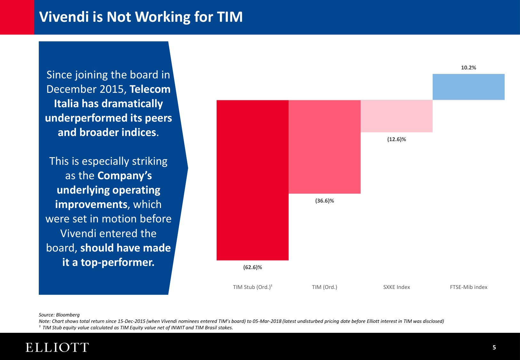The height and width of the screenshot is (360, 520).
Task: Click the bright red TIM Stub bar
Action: tap(252, 180)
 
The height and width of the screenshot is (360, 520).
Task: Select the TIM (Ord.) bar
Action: tap(324, 147)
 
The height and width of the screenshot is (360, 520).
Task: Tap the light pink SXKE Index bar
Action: tap(396, 116)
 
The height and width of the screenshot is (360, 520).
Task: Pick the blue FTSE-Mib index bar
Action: tap(468, 87)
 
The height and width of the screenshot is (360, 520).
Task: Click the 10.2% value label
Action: tap(468, 68)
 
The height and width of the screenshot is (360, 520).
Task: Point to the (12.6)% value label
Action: tap(396, 139)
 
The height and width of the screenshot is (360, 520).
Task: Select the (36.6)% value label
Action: tap(324, 201)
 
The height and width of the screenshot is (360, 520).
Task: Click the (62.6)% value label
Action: tap(252, 267)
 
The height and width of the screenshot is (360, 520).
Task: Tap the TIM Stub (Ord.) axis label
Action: tap(252, 287)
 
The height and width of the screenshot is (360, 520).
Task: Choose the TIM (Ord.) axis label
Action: tap(324, 287)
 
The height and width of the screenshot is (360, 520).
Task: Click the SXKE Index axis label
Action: tap(396, 287)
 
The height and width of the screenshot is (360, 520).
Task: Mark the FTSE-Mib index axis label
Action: tap(468, 287)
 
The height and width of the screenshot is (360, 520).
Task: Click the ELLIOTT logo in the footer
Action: tap(57, 348)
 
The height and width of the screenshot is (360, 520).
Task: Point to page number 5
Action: tap(494, 348)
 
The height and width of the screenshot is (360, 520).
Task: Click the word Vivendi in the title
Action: tap(64, 17)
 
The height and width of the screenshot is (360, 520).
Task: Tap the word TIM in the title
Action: tap(229, 17)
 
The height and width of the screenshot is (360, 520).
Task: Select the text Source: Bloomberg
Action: tap(59, 315)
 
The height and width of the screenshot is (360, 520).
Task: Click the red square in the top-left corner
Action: tap(17, 17)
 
